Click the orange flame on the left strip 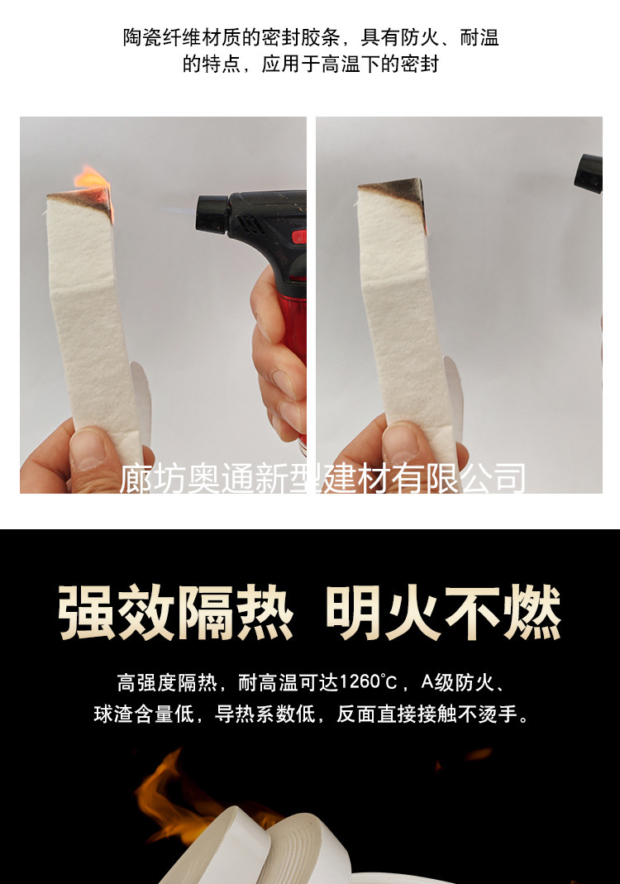click(x=90, y=179)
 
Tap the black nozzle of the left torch click(x=213, y=213)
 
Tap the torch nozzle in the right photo click(x=589, y=174)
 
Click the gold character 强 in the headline click(x=88, y=613)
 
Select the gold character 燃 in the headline click(x=532, y=613)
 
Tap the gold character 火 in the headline click(x=413, y=613)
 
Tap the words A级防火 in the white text click(x=457, y=683)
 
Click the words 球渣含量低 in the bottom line click(x=145, y=714)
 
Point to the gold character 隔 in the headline click(x=206, y=613)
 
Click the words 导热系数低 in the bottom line click(x=265, y=714)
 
